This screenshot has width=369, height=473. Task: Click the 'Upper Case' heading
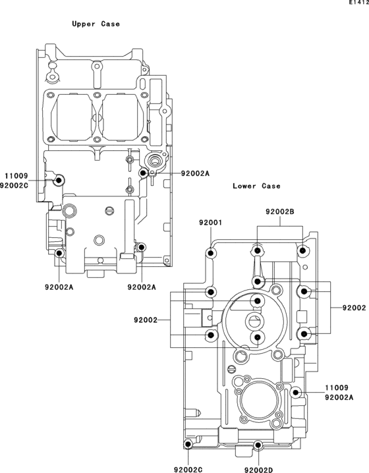click(x=96, y=24)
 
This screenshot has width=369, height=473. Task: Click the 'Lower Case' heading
click(x=256, y=186)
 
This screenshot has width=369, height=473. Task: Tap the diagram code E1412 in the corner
click(x=359, y=3)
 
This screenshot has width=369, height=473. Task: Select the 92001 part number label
click(x=210, y=223)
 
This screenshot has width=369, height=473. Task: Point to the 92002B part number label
click(x=279, y=211)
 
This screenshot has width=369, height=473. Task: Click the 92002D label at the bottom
click(x=258, y=470)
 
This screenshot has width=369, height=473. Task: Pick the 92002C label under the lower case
click(x=188, y=470)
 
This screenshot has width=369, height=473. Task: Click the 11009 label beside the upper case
click(x=16, y=176)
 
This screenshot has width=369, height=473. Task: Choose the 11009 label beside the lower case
click(x=337, y=387)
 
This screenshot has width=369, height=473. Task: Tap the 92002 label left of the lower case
click(x=146, y=320)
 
